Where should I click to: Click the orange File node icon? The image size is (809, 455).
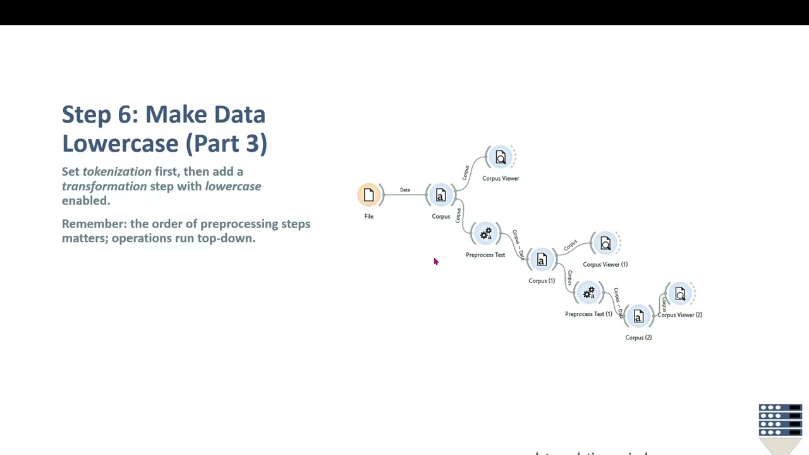[x=369, y=195]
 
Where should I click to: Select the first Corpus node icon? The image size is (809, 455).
[x=441, y=196]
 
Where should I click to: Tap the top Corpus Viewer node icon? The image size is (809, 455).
[x=501, y=157]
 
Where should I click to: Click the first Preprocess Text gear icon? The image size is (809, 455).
[x=485, y=234]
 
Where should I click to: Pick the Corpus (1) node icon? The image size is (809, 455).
[x=542, y=260]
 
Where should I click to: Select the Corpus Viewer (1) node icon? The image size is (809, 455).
[x=605, y=243]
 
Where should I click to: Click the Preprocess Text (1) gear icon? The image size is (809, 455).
[x=588, y=293]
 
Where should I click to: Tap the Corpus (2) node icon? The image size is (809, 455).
[x=638, y=317]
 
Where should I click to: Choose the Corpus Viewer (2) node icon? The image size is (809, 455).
[x=680, y=294]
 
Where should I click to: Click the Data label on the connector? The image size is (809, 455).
[x=404, y=190]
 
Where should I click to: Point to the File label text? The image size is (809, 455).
[x=368, y=216]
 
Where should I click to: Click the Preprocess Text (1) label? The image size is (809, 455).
[x=588, y=314]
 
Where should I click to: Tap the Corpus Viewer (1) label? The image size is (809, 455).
[x=605, y=264]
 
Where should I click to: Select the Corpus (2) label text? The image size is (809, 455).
[x=638, y=337]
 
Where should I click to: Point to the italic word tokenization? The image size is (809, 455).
[x=117, y=172]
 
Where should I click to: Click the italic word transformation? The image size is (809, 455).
[x=104, y=186]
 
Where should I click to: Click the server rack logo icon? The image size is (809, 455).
[x=781, y=420]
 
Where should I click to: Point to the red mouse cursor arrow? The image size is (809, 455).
[x=435, y=261]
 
